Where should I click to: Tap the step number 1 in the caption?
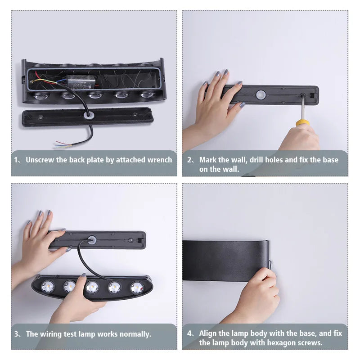pyautogui.click(x=16, y=160)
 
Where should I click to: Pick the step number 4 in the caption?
pyautogui.click(x=189, y=333)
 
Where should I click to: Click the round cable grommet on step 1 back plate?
pyautogui.click(x=87, y=115)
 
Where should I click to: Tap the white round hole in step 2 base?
pyautogui.click(x=261, y=94)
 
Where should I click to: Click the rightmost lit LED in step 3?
pyautogui.click(x=137, y=288)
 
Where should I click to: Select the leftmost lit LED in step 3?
pyautogui.click(x=48, y=287)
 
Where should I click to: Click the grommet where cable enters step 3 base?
pyautogui.click(x=92, y=240)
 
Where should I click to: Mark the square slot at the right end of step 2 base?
pyautogui.click(x=313, y=95)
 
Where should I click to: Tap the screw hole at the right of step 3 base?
pyautogui.click(x=131, y=240)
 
